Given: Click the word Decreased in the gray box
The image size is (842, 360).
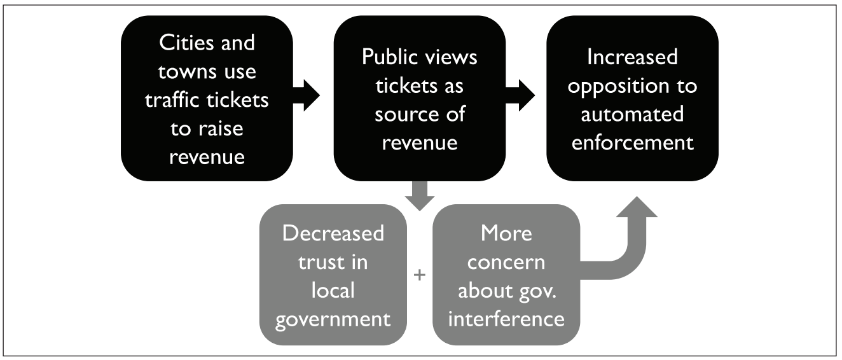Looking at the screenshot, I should pyautogui.click(x=333, y=233).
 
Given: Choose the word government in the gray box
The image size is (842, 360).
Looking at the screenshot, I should pyautogui.click(x=333, y=317).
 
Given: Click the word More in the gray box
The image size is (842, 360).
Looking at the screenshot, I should pyautogui.click(x=506, y=233).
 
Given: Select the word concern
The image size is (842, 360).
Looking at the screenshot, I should pyautogui.click(x=506, y=261).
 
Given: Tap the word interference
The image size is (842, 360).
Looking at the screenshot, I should pyautogui.click(x=506, y=317).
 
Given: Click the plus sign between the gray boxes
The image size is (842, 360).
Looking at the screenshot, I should pyautogui.click(x=419, y=276).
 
